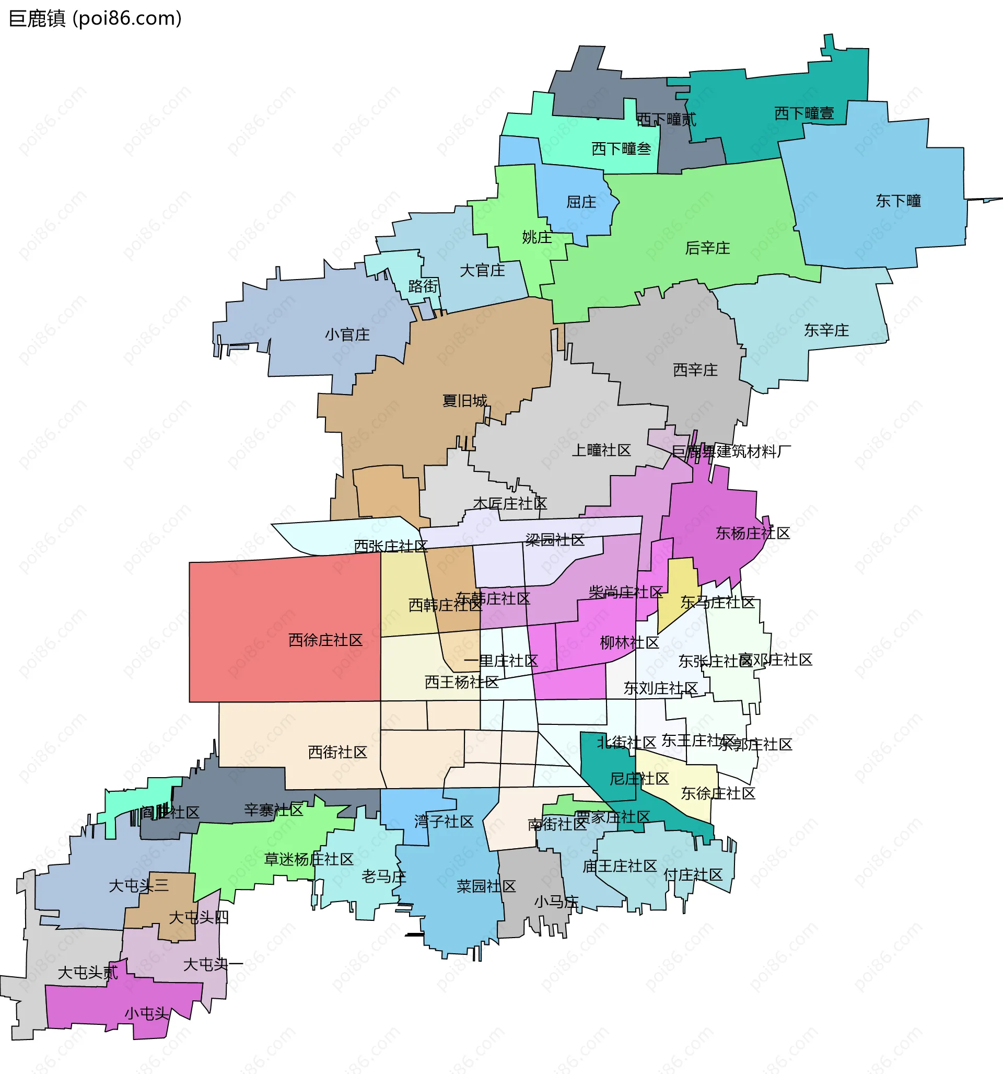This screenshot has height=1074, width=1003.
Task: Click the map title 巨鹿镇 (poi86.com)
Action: click(95, 18)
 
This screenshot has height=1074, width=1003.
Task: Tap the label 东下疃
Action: click(898, 201)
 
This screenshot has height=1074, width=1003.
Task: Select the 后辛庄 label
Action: click(707, 248)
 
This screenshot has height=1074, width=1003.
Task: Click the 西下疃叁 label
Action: click(621, 148)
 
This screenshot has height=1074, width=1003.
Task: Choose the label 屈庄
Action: click(581, 202)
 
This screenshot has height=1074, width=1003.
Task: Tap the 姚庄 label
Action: click(537, 237)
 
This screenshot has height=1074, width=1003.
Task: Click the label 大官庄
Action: click(482, 270)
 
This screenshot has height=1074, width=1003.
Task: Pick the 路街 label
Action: click(423, 286)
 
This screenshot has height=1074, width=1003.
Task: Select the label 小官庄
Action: click(347, 334)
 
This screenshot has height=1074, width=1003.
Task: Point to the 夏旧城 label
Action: click(464, 400)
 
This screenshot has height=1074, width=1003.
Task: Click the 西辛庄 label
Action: click(695, 370)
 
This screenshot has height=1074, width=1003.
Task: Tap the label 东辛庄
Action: click(826, 330)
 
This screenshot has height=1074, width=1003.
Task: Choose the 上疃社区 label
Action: click(601, 450)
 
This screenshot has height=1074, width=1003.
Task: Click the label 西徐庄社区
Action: click(325, 640)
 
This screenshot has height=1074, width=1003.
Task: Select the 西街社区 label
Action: click(337, 752)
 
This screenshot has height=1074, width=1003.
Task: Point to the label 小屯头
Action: click(147, 1013)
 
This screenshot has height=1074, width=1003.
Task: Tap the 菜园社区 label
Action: click(486, 886)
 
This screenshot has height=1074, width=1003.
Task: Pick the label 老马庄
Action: click(383, 876)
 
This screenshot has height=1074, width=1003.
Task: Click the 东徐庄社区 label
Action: click(718, 793)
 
